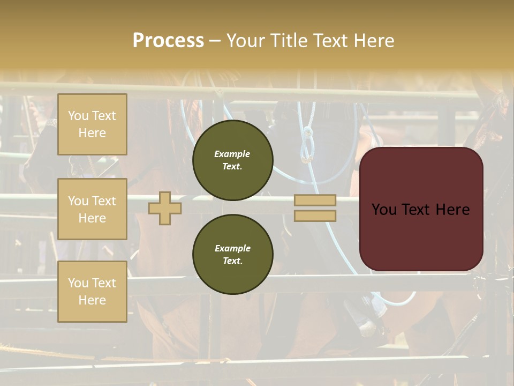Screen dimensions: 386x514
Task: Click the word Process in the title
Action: coord(168,41)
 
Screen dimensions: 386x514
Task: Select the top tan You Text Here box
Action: coord(92,124)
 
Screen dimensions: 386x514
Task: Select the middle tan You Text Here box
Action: coord(92,209)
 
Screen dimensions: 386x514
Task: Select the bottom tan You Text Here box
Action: coord(92,291)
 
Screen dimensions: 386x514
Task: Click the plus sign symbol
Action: coord(165,208)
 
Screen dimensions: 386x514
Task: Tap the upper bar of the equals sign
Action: coord(315,201)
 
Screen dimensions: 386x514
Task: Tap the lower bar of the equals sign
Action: coord(315,216)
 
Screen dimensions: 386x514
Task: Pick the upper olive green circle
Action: coord(233,160)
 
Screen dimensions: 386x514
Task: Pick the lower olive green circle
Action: coord(233,254)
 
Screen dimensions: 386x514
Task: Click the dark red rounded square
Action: coord(421,209)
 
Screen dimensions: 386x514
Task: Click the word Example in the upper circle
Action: coord(232,154)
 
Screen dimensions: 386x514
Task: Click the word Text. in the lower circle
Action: coord(232,261)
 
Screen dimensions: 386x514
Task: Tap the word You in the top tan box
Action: coord(78,116)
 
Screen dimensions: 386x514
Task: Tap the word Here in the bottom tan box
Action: coord(92,300)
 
